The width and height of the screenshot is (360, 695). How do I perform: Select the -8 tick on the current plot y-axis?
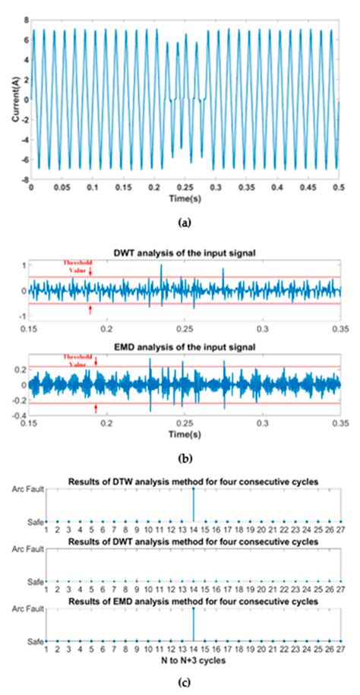click(x=23, y=180)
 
